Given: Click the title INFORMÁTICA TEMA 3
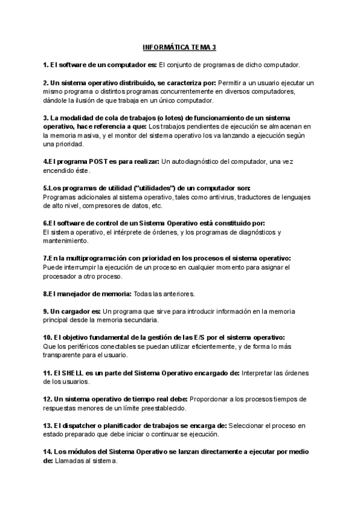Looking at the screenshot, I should click(x=180, y=47).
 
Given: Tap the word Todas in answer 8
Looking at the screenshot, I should click(x=143, y=294).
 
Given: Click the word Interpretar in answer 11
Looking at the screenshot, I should click(x=259, y=373).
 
